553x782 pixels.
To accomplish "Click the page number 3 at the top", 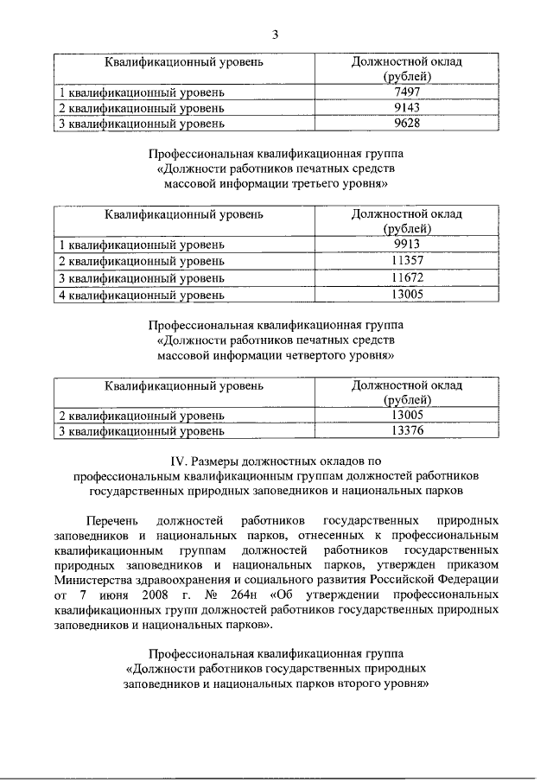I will point(275,35).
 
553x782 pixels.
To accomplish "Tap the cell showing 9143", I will point(406,108).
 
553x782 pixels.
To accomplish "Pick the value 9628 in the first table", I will point(406,124).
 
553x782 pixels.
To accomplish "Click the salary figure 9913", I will point(406,245).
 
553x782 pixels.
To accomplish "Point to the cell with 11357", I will point(406,261).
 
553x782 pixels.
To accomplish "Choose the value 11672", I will point(406,278).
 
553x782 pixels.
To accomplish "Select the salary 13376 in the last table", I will point(406,430).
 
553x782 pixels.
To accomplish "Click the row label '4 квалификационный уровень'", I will point(141,295).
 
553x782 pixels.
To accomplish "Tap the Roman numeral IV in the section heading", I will point(181,461).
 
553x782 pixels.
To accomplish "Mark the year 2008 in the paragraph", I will point(137,596).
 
